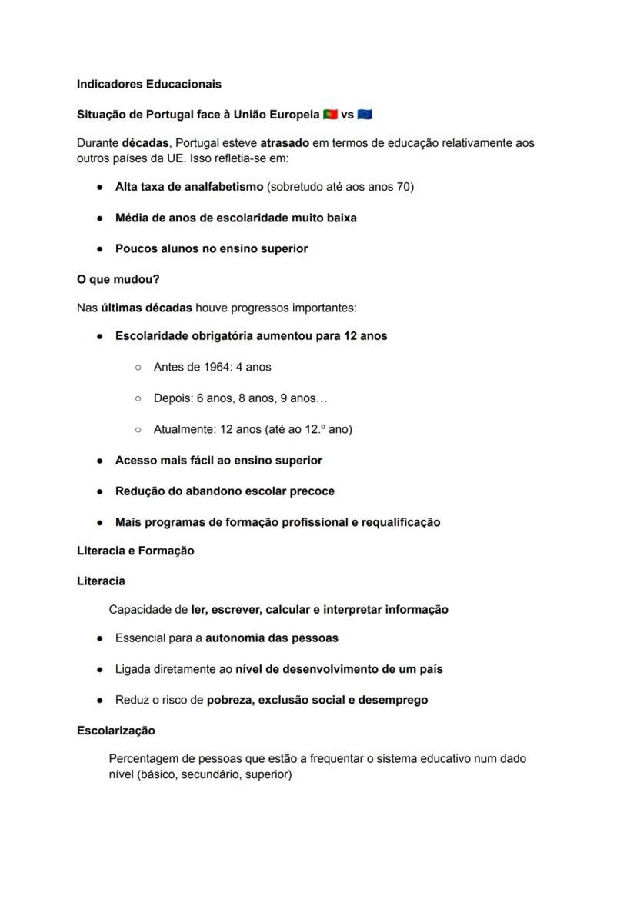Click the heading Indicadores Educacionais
click(148, 84)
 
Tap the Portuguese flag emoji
click(330, 115)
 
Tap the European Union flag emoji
click(365, 115)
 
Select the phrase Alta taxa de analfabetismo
click(188, 187)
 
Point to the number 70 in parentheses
click(403, 187)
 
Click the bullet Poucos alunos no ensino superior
click(211, 248)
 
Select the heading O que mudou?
click(118, 279)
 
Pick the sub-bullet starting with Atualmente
click(252, 429)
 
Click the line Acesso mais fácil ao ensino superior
click(218, 460)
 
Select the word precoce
click(312, 491)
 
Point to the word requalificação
click(395, 522)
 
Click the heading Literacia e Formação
click(135, 551)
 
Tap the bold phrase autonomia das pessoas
click(272, 638)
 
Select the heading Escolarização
click(115, 730)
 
